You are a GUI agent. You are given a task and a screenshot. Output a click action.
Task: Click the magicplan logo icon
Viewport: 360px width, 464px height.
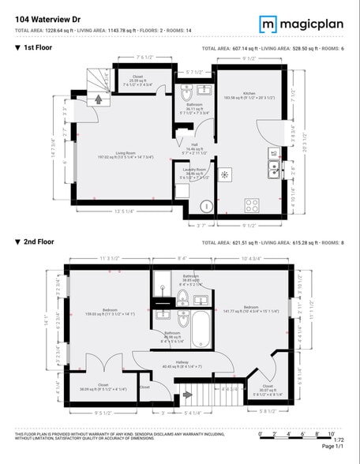[x=269, y=24]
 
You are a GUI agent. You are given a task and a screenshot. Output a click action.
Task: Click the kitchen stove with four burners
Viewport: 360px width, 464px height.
[x=253, y=204]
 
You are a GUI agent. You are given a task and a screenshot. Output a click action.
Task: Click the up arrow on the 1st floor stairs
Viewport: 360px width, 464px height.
[x=99, y=100]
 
